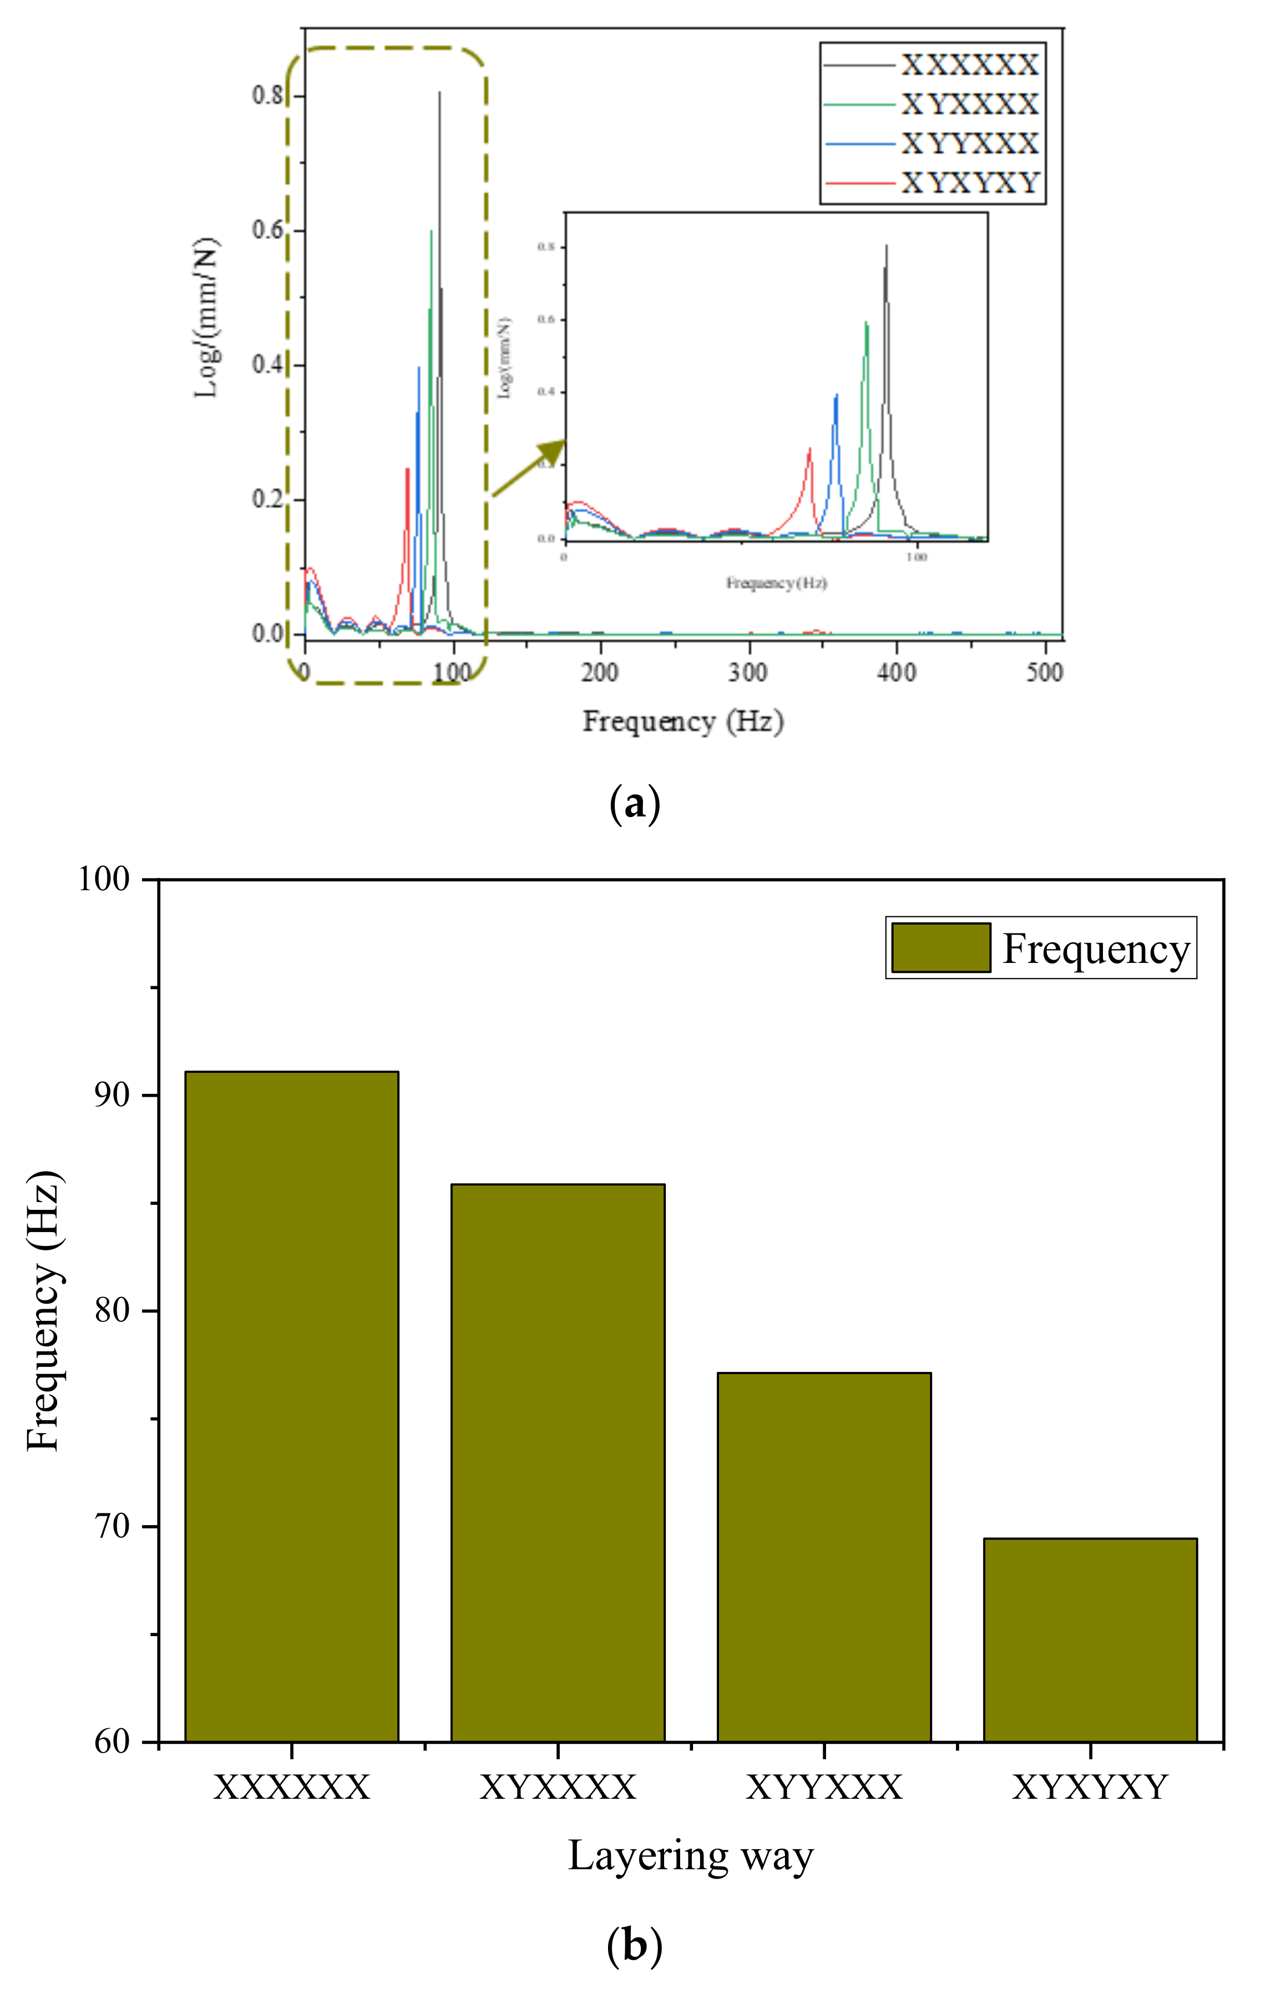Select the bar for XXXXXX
coord(291,1406)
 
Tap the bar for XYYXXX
coord(824,1557)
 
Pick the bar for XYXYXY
coord(1090,1639)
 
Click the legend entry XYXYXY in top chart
coord(969,183)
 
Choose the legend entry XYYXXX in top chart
coord(969,144)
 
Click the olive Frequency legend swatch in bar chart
coord(941,948)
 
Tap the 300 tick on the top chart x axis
coord(748,672)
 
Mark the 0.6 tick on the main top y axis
coord(269,230)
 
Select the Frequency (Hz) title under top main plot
coord(682,721)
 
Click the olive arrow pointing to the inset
coord(530,468)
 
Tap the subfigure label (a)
coord(635,804)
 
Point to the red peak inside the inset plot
coord(810,450)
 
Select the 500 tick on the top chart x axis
coord(1044,672)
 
